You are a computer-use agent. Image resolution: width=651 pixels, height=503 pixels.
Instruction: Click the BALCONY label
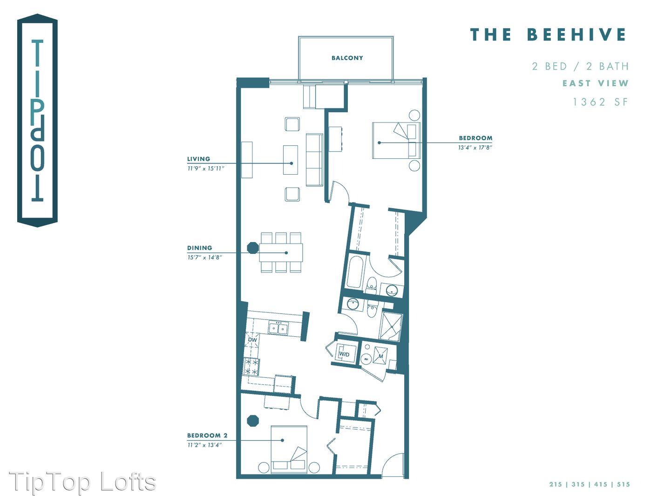[x=347, y=58]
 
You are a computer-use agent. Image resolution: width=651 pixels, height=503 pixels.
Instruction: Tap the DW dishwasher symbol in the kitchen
[x=252, y=340]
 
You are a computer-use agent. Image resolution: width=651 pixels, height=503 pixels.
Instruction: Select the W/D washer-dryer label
[x=344, y=354]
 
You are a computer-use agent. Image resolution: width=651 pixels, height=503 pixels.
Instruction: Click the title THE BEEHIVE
[x=548, y=34]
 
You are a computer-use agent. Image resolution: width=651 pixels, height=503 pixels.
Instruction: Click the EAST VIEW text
[x=595, y=83]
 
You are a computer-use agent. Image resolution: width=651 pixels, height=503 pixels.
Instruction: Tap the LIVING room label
[x=199, y=159]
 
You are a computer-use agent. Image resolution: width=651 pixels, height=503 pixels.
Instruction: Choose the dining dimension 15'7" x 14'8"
[x=204, y=257]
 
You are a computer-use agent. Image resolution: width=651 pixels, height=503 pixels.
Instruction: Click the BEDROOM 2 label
[x=207, y=435]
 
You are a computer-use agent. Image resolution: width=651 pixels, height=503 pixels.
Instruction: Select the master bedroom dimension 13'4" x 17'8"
[x=475, y=147]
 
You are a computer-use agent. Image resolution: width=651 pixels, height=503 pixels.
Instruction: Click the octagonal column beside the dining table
[x=252, y=248]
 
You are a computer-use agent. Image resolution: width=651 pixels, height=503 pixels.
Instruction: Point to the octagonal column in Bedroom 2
[x=253, y=420]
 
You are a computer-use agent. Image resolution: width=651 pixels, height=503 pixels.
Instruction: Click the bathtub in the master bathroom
[x=355, y=272]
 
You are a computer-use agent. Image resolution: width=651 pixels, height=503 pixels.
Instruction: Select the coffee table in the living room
[x=291, y=160]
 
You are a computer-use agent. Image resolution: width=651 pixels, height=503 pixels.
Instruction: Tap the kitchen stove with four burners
[x=251, y=367]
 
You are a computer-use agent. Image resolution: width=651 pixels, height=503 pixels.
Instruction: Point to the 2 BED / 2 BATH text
[x=580, y=66]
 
